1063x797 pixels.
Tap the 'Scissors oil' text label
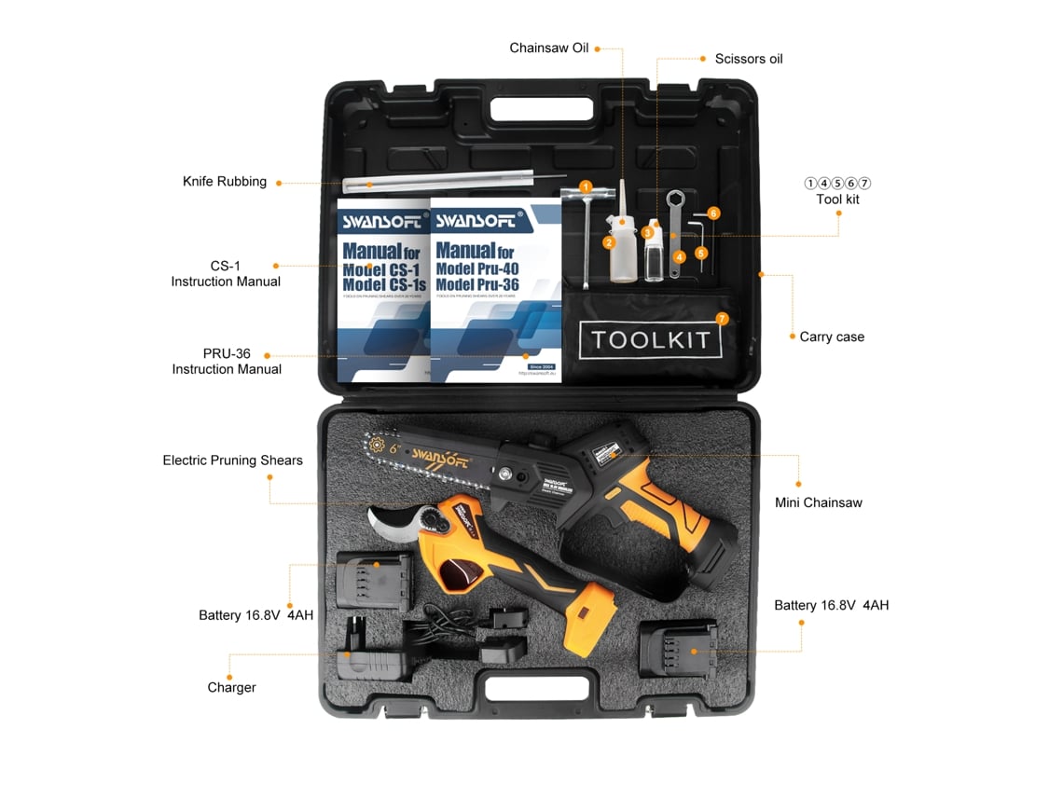point(749,59)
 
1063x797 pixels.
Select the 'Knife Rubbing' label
point(225,182)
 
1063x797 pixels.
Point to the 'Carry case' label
point(832,337)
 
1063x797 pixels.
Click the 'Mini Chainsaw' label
point(819,502)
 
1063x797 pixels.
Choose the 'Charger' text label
point(231,687)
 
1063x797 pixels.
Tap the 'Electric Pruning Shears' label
point(232,460)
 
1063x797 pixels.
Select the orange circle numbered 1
point(586,186)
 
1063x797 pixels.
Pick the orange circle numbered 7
point(722,318)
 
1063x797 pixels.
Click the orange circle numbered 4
point(680,256)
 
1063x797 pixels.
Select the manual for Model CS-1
point(382,289)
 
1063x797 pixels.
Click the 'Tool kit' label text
point(837,199)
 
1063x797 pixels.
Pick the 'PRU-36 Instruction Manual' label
point(227,362)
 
